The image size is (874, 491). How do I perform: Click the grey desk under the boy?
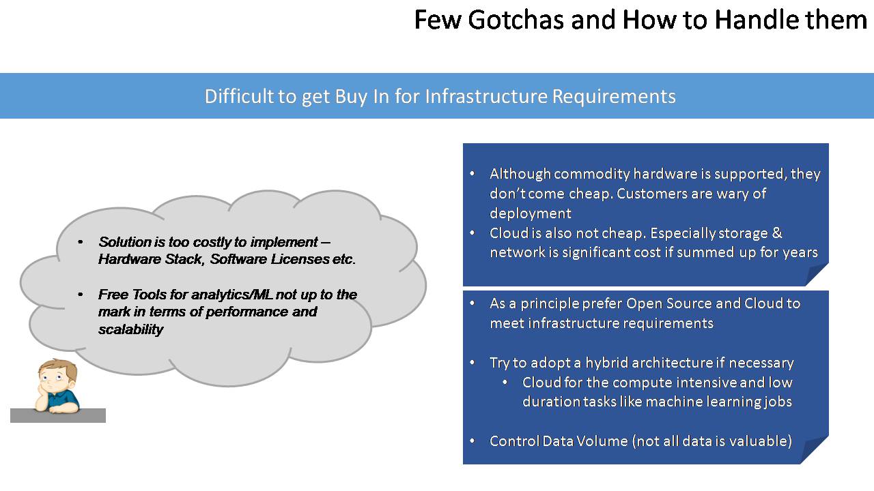pos(58,415)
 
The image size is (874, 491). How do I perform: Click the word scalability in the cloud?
pos(130,329)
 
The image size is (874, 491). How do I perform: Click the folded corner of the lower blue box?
pos(816,451)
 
